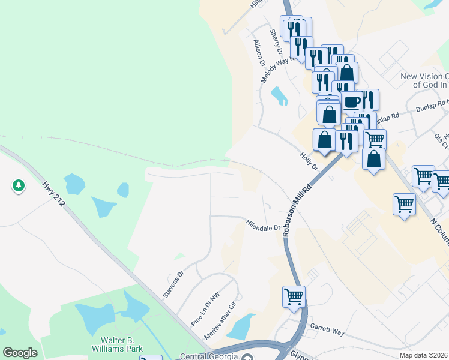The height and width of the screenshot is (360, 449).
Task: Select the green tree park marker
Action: (19, 186)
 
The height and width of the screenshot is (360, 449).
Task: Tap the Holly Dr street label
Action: (309, 161)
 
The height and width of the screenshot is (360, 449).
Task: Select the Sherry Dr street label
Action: (276, 41)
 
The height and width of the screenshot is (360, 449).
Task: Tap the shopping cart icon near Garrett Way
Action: (294, 296)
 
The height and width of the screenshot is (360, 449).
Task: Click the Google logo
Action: (20, 353)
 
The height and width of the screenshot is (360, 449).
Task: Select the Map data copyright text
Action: (424, 355)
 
